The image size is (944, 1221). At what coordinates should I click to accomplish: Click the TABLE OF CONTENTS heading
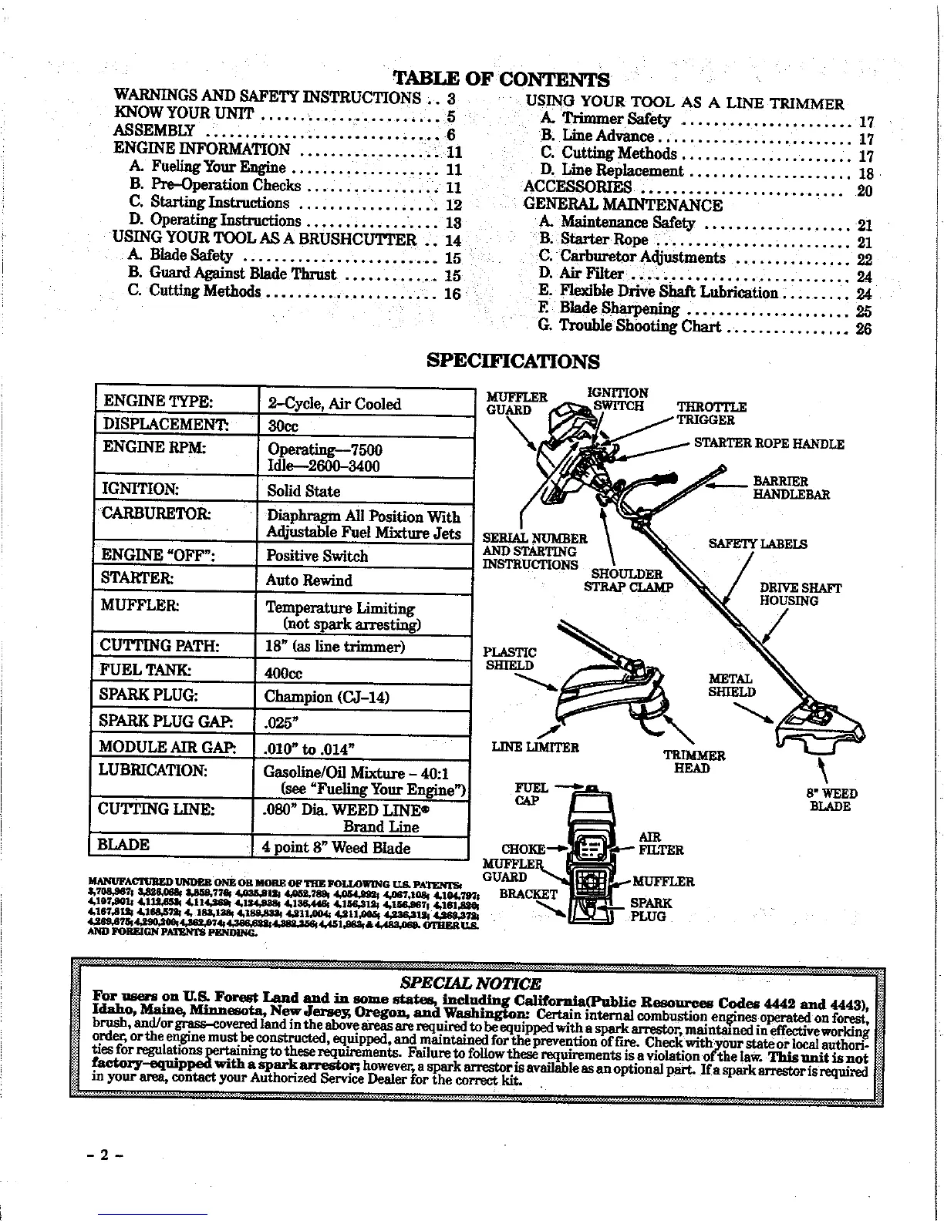pos(501,79)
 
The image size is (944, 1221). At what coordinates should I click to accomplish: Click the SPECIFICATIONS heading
pos(513,361)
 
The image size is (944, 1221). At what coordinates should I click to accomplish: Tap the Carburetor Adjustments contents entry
pos(642,257)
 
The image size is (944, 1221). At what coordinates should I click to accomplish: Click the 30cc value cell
pos(283,426)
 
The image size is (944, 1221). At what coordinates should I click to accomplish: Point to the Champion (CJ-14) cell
pos(326,697)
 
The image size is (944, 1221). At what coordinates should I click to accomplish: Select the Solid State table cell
pos(303,491)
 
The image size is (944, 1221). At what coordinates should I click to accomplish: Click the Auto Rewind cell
pos(308,580)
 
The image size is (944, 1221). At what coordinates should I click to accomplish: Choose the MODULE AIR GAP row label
pos(167,746)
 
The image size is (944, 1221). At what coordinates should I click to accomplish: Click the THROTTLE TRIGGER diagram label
pos(711,413)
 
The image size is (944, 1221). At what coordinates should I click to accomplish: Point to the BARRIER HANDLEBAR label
pos(791,488)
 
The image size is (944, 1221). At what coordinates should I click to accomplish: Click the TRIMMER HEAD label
pos(695,762)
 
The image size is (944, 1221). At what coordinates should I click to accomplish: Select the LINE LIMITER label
pos(535,747)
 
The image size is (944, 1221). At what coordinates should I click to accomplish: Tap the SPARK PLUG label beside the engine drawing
pos(650,910)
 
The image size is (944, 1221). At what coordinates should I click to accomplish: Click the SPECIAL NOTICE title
pos(471,983)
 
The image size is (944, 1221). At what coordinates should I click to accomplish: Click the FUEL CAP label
pos(531,793)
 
